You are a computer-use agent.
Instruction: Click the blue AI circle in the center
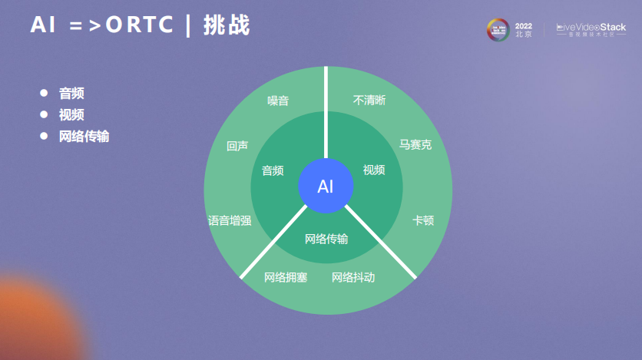(326, 187)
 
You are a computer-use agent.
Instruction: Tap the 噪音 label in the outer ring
(278, 101)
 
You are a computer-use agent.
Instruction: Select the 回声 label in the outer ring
(237, 146)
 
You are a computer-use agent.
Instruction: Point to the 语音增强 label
(230, 221)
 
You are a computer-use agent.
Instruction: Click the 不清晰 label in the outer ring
(369, 101)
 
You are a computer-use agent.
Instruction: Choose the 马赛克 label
(415, 144)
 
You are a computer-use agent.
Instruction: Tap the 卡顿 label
(423, 221)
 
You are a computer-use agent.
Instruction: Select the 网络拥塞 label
(286, 277)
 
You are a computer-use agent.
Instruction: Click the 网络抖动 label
(353, 277)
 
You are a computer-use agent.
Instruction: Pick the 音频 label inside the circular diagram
(273, 170)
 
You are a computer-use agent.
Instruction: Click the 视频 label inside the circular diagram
(374, 170)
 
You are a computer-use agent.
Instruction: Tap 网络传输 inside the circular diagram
(326, 239)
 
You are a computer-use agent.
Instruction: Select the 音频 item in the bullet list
(71, 93)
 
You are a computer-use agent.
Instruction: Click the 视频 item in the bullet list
(71, 115)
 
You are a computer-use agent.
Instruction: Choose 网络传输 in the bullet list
(84, 137)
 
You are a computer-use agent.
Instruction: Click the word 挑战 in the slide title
(227, 25)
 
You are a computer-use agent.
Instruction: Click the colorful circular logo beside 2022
(498, 29)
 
